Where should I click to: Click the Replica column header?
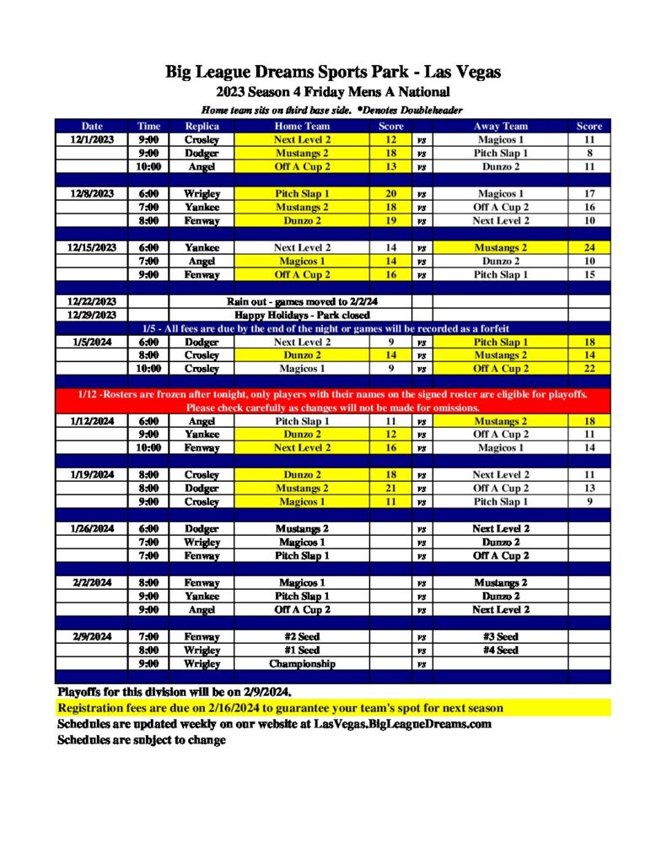coord(202,126)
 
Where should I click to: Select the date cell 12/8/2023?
coord(91,194)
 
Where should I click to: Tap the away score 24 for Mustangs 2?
coord(589,248)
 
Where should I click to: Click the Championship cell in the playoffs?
coord(302,664)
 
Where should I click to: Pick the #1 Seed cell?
coord(302,651)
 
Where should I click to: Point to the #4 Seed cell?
coord(500,651)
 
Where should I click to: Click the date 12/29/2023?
coord(91,315)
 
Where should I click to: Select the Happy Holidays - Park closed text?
coord(290,315)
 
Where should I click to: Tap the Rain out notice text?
coord(290,301)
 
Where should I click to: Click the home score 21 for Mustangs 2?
coord(390,489)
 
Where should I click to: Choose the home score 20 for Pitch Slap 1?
coord(390,194)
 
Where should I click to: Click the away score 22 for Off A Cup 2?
coord(589,369)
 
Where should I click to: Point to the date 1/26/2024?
coord(91,529)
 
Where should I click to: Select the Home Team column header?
coord(302,126)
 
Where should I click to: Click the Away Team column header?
coord(500,126)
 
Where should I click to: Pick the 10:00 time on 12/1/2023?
coord(148,167)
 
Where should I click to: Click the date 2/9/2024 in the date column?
coord(91,637)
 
